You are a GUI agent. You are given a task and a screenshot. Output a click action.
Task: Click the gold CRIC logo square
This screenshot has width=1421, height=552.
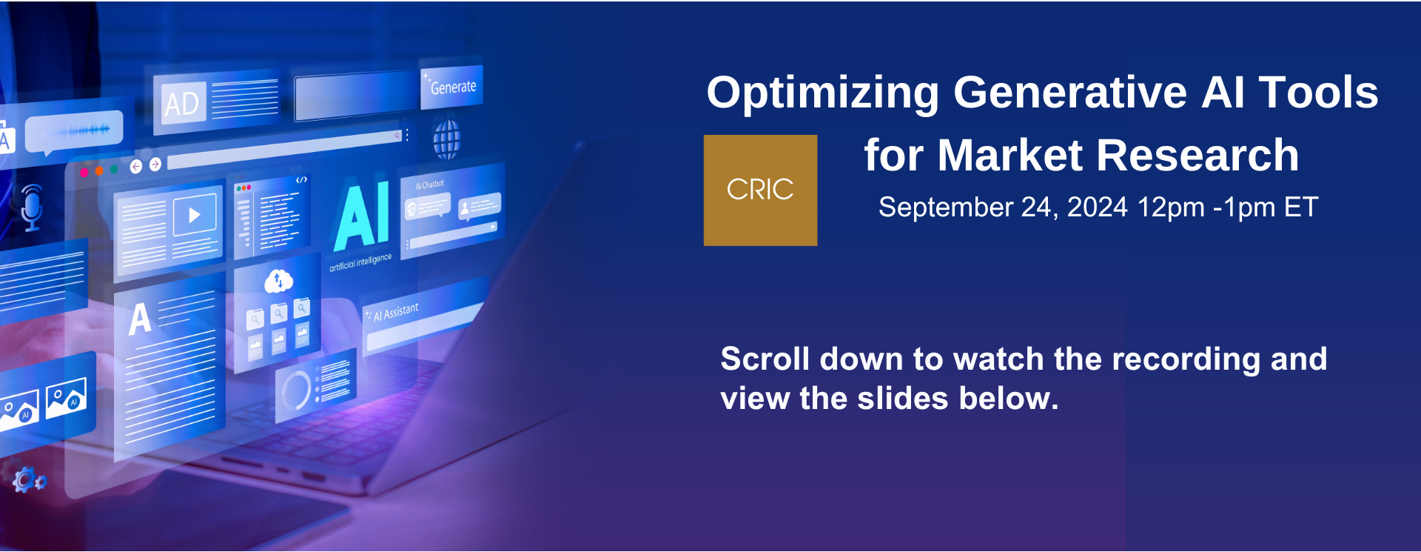(760, 190)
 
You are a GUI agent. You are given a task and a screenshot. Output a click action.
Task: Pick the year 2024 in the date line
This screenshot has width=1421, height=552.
(1098, 207)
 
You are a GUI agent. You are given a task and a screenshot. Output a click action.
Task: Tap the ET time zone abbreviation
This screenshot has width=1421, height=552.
(1301, 207)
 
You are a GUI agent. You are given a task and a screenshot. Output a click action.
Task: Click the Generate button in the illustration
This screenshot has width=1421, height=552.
(451, 87)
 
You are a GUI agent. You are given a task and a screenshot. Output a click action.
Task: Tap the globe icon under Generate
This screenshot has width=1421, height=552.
(446, 139)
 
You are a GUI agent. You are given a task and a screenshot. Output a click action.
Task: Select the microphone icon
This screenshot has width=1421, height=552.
(31, 207)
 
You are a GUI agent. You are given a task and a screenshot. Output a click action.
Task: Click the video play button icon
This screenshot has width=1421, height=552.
(194, 216)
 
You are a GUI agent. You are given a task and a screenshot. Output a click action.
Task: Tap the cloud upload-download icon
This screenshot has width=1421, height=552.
(278, 281)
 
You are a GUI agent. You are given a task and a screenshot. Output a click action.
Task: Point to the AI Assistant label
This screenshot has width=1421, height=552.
(395, 312)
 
